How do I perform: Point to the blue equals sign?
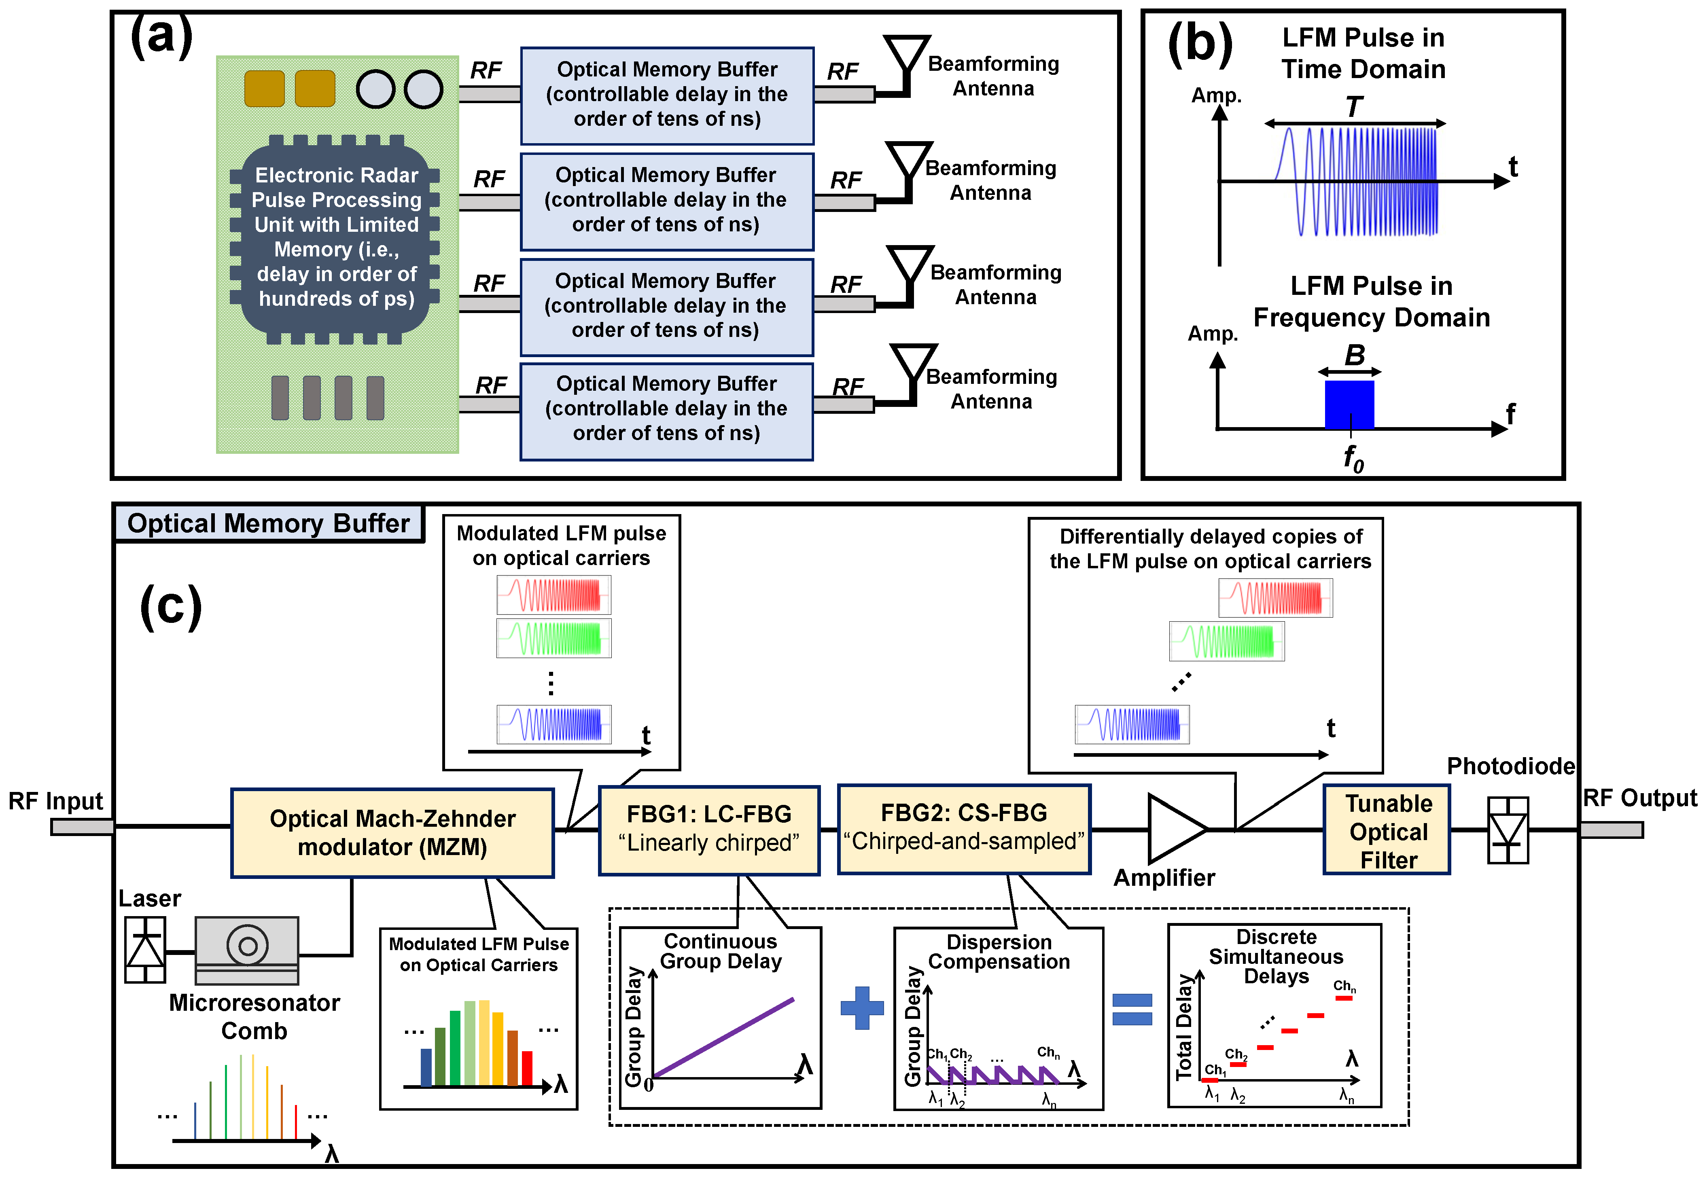point(1132,1009)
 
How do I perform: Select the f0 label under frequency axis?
point(1353,459)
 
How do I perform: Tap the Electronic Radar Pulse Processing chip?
point(336,237)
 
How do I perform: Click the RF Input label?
point(56,801)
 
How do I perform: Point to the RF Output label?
point(1639,798)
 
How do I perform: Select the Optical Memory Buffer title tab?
point(269,524)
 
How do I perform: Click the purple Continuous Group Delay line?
point(723,1038)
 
